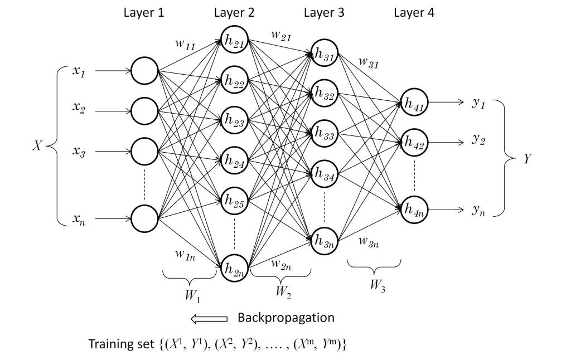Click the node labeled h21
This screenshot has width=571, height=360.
pyautogui.click(x=234, y=40)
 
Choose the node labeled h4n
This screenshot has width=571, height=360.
pyautogui.click(x=414, y=211)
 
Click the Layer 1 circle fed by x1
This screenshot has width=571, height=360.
pyautogui.click(x=144, y=71)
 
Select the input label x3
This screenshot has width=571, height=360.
pyautogui.click(x=79, y=152)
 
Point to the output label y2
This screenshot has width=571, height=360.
pyautogui.click(x=478, y=140)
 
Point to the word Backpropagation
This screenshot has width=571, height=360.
pyautogui.click(x=285, y=318)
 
